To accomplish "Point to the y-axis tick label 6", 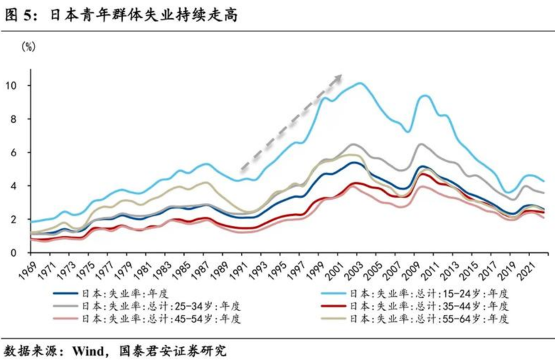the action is (13, 153).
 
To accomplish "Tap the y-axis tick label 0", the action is (13, 253).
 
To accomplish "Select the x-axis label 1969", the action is (27, 270).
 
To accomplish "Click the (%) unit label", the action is (29, 46).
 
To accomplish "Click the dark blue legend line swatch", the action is (66, 294).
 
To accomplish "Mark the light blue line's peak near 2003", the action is (360, 83).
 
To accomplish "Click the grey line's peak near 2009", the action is (420, 144).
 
